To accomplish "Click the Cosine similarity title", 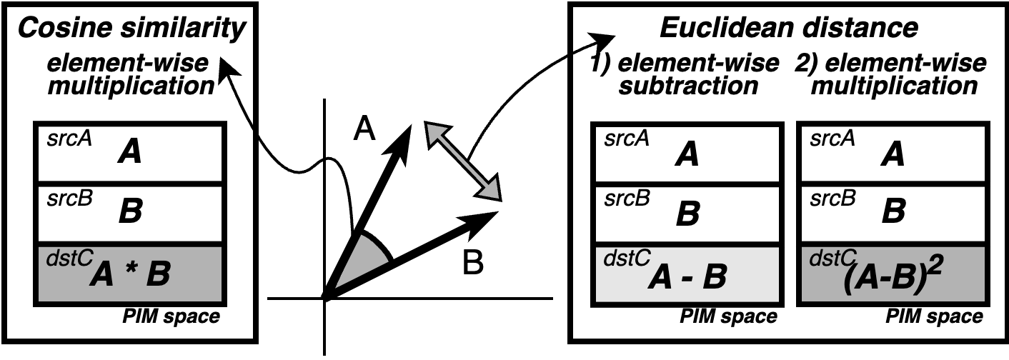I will tap(131, 28).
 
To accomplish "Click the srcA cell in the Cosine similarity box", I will tap(130, 152).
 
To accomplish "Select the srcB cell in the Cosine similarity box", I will tap(130, 211).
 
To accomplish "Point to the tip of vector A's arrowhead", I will tap(410, 126).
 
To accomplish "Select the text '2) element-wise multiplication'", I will tap(890, 74).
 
